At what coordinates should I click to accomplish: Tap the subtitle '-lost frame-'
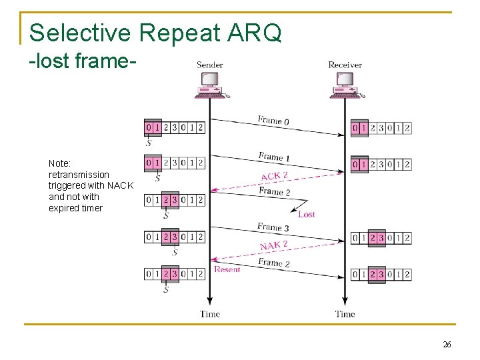click(x=83, y=63)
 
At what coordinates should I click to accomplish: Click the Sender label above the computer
click(x=209, y=65)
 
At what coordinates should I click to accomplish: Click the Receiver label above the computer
click(x=345, y=65)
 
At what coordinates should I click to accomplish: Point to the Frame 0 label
click(x=273, y=121)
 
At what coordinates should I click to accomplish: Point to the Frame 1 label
click(x=274, y=157)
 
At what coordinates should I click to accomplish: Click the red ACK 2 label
click(x=275, y=176)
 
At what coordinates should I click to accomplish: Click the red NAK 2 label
click(x=273, y=246)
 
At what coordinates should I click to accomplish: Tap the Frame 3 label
click(x=273, y=228)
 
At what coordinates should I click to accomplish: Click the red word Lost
click(x=307, y=214)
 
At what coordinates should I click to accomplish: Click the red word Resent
click(x=227, y=269)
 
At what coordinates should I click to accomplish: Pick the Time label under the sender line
click(x=210, y=314)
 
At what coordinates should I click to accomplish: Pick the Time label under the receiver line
click(x=345, y=314)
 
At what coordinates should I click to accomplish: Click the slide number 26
click(x=447, y=345)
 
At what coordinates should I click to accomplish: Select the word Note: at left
click(x=60, y=163)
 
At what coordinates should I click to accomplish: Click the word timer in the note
click(x=91, y=208)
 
